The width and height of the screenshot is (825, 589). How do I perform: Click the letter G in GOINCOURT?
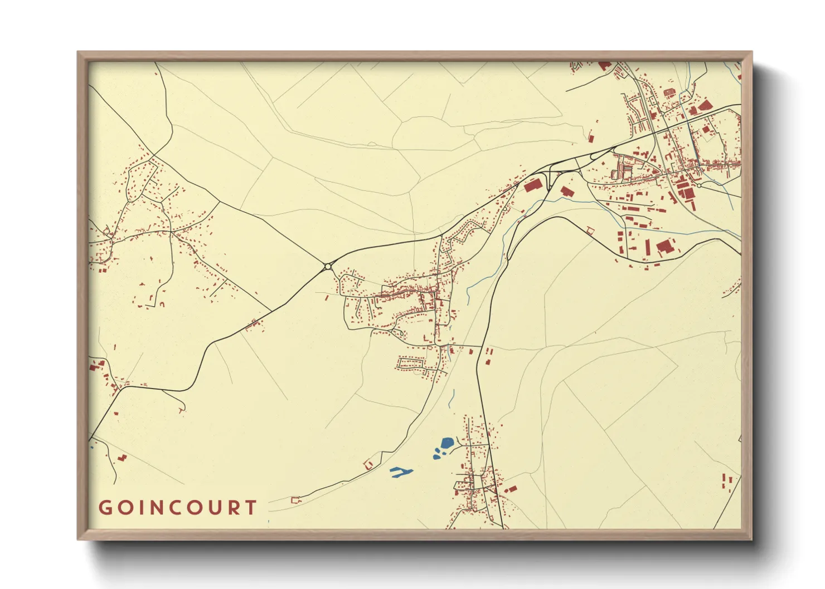105,508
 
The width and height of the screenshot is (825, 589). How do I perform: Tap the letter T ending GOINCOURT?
252,508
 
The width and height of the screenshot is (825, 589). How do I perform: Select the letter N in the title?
151,508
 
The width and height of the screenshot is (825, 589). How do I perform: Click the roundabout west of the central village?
327,267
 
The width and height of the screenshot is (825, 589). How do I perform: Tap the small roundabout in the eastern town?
698,185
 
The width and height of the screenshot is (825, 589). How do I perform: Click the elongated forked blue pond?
401,472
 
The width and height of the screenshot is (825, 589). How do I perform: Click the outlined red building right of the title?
295,500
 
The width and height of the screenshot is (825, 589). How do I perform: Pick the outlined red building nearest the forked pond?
368,464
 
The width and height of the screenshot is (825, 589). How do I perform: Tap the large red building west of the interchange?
533,185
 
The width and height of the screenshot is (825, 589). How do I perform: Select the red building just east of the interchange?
567,192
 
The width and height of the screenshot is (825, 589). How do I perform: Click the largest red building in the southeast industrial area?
664,247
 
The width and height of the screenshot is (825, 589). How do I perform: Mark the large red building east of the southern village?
511,489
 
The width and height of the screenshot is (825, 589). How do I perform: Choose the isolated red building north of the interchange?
591,138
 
